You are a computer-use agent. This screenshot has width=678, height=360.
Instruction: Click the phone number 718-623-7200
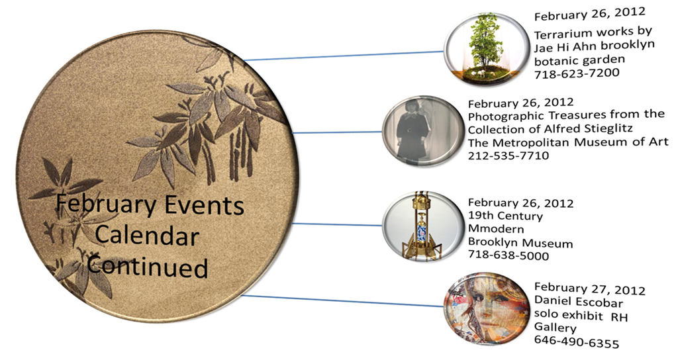click(x=577, y=73)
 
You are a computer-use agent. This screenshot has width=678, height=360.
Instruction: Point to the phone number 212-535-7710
click(x=508, y=155)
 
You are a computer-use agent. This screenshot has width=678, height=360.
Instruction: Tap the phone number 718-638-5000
click(x=508, y=255)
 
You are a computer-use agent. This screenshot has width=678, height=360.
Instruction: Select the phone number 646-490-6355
click(x=577, y=342)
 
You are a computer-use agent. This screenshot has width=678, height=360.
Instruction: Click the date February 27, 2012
click(x=590, y=289)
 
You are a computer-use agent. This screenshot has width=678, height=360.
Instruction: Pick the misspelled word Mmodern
click(x=496, y=228)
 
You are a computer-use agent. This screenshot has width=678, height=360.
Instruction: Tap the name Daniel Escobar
click(x=579, y=302)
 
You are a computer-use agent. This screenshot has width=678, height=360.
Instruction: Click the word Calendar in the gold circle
click(x=147, y=236)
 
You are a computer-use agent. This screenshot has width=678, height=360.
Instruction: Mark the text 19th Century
click(x=505, y=215)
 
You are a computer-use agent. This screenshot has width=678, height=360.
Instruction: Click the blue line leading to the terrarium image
click(x=344, y=56)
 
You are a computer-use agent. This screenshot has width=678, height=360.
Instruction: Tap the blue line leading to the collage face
click(x=343, y=301)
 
